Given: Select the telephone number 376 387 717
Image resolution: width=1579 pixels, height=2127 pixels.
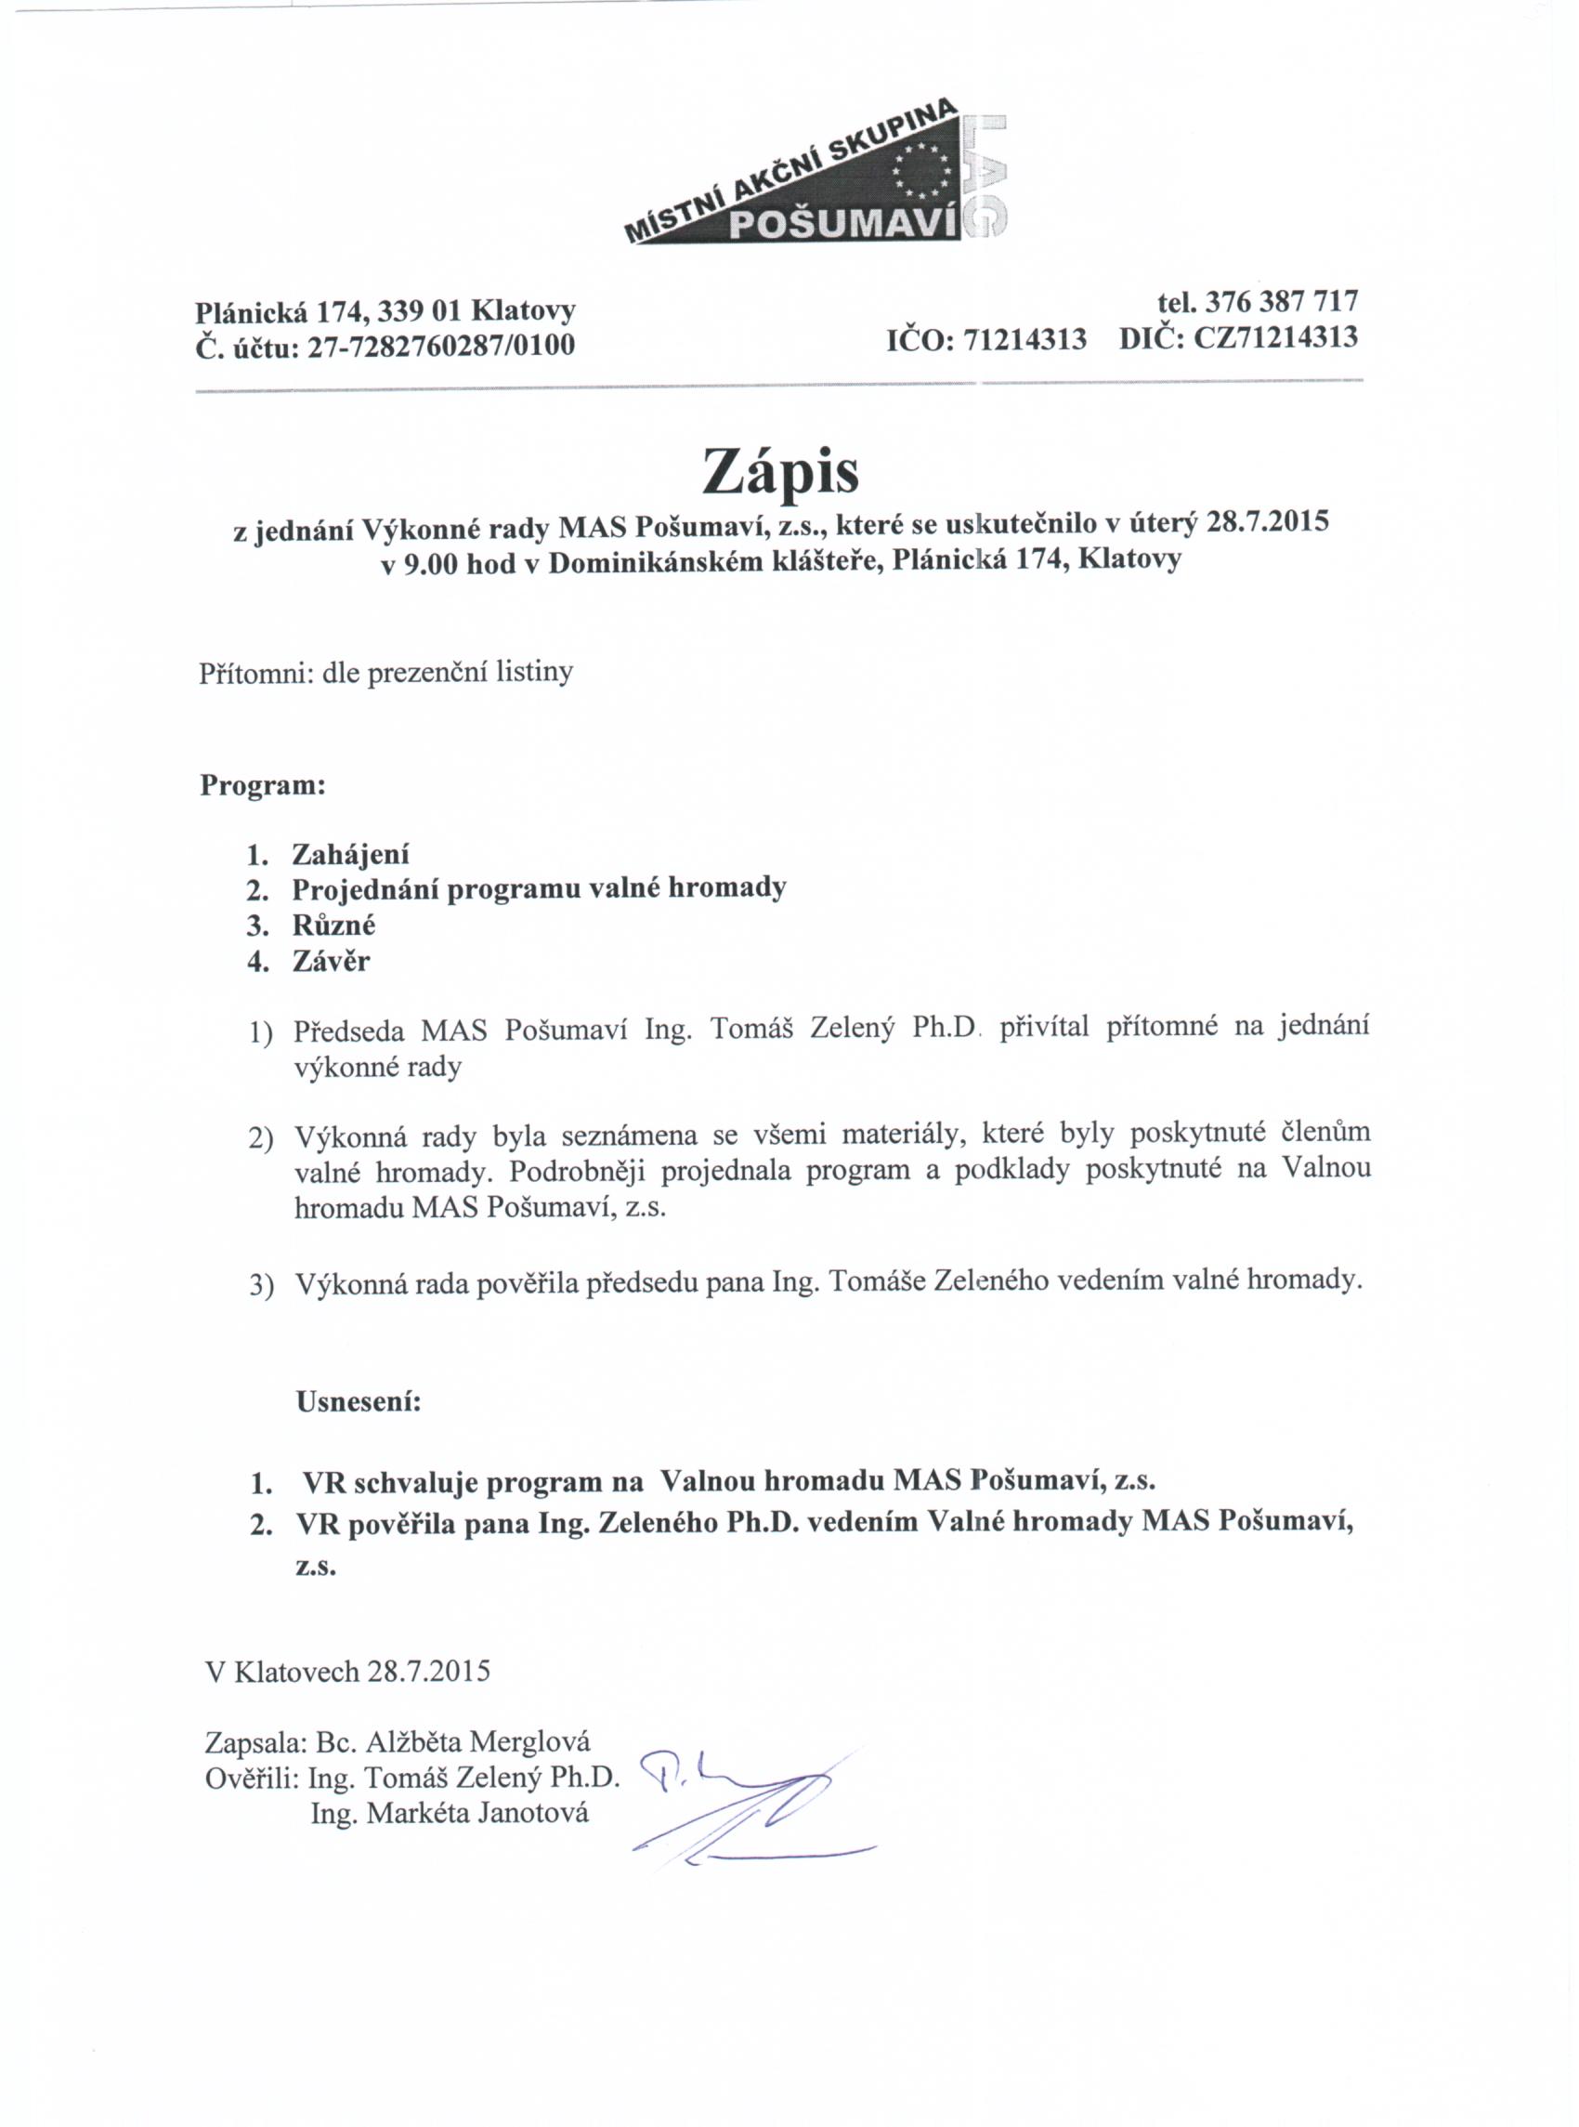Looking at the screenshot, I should [x=1282, y=301].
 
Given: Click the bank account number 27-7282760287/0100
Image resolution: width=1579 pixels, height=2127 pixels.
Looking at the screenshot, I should [x=440, y=345].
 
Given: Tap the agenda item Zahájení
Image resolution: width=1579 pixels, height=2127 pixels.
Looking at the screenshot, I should [x=351, y=853].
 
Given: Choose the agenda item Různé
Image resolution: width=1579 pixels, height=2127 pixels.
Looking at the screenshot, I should [x=333, y=925].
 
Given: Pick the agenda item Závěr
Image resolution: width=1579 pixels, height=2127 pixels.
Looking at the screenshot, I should [x=331, y=960].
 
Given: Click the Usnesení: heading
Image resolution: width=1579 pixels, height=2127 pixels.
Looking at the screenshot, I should [x=359, y=1402].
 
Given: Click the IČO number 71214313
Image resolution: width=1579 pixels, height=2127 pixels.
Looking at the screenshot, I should [x=1025, y=338].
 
